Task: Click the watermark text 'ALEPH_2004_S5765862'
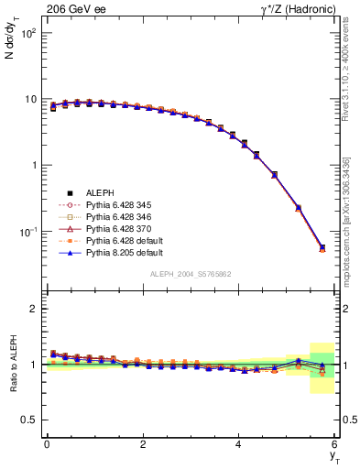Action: tap(190, 274)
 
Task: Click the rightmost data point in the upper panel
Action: tap(322, 247)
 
